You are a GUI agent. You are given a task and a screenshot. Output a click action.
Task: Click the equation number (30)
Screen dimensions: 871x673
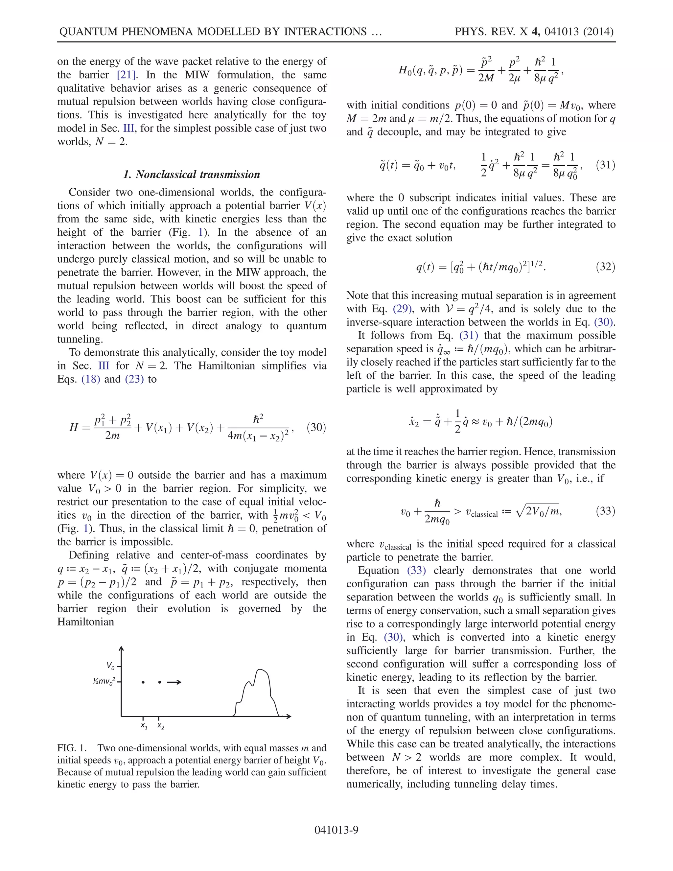316,428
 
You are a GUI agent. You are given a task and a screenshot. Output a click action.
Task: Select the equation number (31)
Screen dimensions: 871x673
605,165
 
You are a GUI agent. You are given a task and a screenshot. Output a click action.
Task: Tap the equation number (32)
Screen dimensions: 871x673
605,267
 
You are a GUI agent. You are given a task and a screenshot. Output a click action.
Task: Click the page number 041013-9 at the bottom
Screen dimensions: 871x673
336,830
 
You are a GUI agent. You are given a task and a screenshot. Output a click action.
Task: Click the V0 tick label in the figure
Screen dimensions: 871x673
110,666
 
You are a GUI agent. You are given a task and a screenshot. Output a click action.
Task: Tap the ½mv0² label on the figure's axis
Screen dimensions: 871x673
104,681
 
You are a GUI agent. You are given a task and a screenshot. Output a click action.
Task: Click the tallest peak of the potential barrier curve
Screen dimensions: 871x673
261,670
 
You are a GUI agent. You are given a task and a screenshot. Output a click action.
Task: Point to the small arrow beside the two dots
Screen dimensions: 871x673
174,682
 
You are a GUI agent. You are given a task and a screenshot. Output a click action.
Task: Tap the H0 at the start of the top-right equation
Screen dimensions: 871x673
405,71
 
